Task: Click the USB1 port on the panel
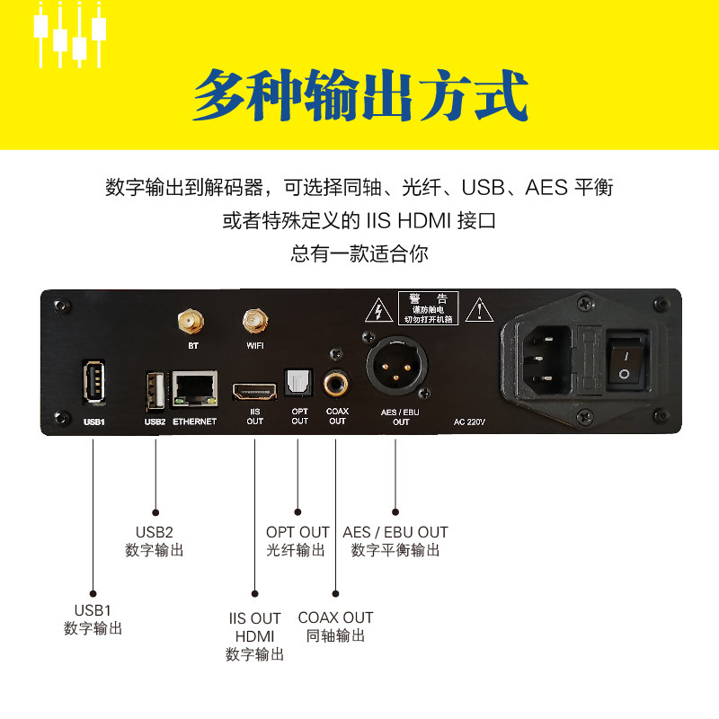(92, 382)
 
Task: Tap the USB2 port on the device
(155, 389)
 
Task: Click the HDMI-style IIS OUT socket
(254, 391)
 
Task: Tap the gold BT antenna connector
(189, 320)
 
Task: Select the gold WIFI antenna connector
(255, 320)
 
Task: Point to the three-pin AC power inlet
(545, 359)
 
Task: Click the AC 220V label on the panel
(470, 422)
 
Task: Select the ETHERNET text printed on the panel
(195, 422)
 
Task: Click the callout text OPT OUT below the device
(297, 532)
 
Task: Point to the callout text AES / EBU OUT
(395, 532)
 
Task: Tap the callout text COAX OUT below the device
(335, 617)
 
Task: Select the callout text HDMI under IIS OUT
(254, 636)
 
